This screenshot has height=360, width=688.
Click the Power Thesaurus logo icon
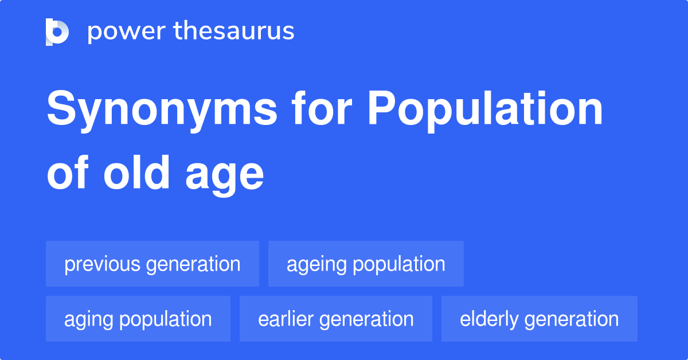tap(57, 32)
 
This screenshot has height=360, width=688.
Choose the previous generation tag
tap(153, 264)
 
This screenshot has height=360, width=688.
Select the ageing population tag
tap(366, 264)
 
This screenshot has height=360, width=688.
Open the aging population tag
tap(138, 319)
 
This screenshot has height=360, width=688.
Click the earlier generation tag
tap(336, 319)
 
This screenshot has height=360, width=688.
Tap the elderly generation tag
tap(540, 319)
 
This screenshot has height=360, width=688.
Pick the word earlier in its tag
tap(284, 319)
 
